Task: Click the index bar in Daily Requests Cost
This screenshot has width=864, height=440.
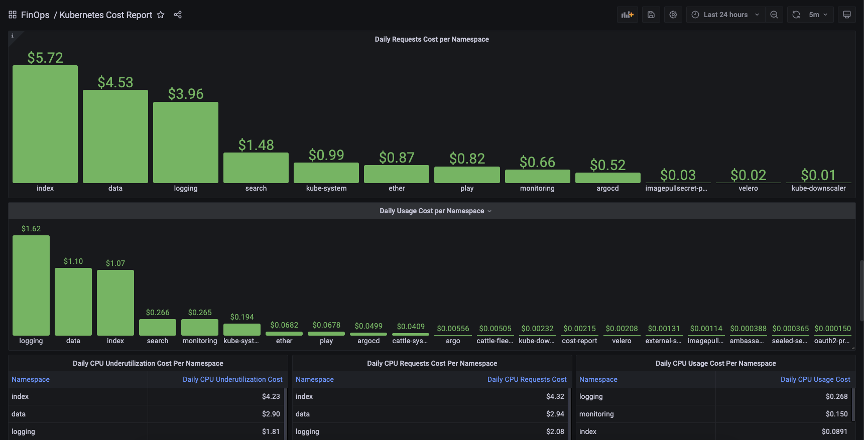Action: tap(45, 124)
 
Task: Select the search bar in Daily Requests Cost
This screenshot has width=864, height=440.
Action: tap(256, 168)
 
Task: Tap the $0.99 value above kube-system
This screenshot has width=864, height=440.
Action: tap(326, 155)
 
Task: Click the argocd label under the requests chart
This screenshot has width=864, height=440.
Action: tap(607, 188)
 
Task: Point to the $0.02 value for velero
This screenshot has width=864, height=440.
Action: tap(748, 175)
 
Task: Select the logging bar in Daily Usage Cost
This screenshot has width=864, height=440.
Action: tap(31, 285)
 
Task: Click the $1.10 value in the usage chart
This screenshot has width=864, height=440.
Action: tap(73, 261)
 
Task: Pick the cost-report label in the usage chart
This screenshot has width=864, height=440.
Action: tap(579, 341)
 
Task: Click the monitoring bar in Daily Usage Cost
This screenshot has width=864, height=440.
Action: tap(200, 327)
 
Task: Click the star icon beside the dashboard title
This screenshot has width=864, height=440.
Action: tap(161, 15)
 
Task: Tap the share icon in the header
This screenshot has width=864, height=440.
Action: tap(178, 15)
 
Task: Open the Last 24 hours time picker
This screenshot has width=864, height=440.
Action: tap(725, 15)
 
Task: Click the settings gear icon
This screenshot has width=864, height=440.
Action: tap(673, 15)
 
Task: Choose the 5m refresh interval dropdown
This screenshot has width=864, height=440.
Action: tap(819, 15)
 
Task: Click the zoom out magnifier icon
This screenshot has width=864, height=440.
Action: tap(774, 15)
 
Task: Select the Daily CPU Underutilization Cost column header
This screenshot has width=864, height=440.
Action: tap(232, 379)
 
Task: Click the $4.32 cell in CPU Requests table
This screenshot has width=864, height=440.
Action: tap(555, 396)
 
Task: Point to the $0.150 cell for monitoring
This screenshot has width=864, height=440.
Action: tap(837, 414)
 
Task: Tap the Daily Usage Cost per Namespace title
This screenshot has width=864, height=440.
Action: tap(432, 211)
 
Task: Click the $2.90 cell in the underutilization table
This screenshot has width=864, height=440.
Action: tap(271, 414)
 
